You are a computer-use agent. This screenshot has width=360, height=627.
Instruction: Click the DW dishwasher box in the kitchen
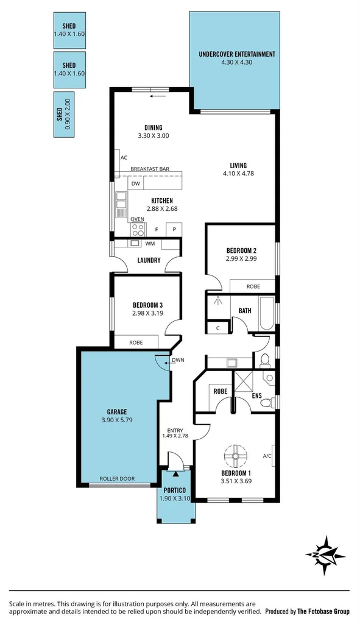coord(136,183)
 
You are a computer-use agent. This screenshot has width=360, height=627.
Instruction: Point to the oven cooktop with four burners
coord(138,230)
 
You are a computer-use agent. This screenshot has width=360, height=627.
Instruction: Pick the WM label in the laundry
coord(150,244)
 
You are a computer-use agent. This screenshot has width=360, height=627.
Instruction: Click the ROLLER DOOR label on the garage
coord(117,478)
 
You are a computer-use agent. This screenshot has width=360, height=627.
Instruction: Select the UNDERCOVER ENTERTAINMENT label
coord(237,54)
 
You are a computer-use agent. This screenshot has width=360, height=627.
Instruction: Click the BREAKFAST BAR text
coord(150,169)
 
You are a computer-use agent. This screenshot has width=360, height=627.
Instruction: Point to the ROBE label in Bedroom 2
coord(253,286)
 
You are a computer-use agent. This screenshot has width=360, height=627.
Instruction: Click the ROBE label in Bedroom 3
coord(136,342)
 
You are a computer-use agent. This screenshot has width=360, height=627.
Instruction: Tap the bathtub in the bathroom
coord(267,310)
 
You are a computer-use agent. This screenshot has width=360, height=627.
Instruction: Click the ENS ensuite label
coord(257,395)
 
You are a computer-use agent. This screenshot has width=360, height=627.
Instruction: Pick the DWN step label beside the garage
coord(178,360)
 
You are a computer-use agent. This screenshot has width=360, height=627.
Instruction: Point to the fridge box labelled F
coord(157,230)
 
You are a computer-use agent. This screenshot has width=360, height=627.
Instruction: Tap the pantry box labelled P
coord(174,230)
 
